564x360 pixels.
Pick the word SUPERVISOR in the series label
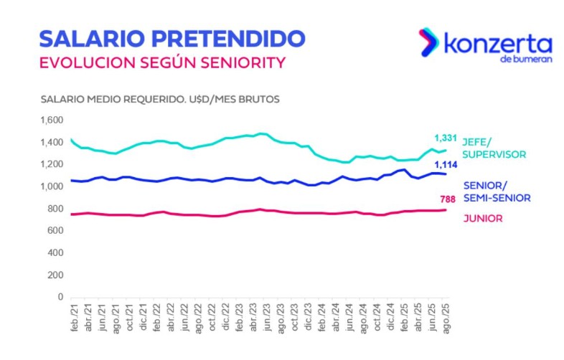494,154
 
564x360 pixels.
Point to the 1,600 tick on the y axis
52,120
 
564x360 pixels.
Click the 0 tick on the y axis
61,297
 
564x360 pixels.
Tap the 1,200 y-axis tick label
52,164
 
